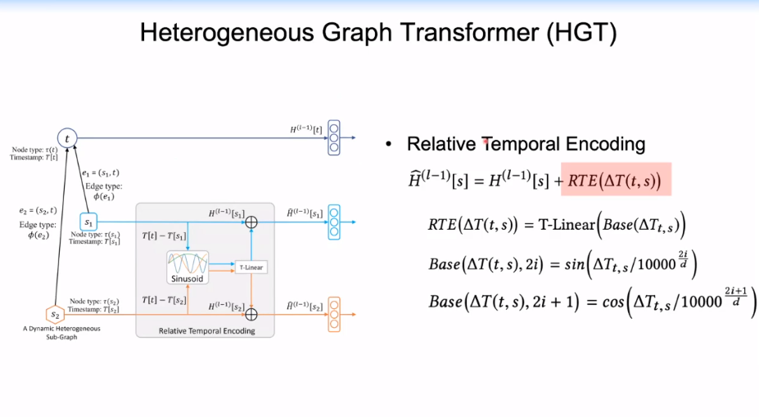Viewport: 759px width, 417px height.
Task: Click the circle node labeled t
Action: click(67, 139)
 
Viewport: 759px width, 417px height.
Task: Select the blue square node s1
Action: click(88, 222)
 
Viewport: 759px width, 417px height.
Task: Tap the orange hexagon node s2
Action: click(56, 314)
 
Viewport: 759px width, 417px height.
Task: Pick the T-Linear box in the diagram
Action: click(251, 267)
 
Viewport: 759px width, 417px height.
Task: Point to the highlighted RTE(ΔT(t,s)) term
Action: click(616, 179)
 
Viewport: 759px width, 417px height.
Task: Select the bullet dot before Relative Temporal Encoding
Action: click(390, 145)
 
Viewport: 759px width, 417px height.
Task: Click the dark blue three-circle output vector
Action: click(333, 138)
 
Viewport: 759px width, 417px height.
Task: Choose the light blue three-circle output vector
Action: click(333, 222)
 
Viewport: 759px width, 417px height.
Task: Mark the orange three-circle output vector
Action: click(333, 313)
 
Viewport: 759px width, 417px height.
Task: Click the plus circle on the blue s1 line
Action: click(251, 222)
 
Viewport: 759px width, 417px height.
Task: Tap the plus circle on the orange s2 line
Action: click(251, 314)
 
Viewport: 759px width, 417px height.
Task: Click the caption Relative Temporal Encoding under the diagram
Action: click(206, 330)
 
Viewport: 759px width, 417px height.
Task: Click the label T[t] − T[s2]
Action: click(164, 300)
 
